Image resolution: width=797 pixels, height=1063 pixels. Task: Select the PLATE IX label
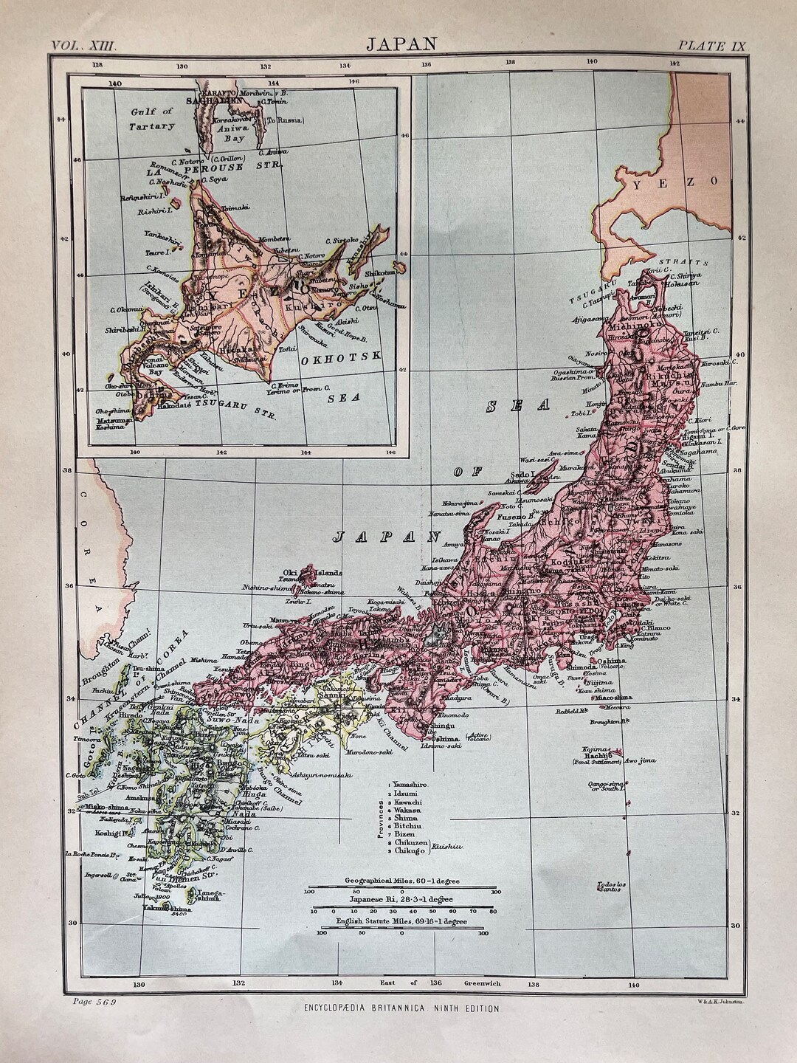(x=712, y=45)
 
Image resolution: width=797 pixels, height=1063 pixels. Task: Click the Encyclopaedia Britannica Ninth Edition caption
(x=401, y=1008)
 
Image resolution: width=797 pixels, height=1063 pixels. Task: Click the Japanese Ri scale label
(x=401, y=900)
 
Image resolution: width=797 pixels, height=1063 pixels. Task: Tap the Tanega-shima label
(x=209, y=894)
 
